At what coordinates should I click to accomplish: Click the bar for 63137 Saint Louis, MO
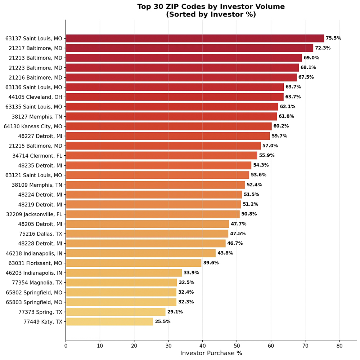point(195,38)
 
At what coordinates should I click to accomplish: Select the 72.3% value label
point(323,48)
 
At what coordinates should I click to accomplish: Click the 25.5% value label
point(162,321)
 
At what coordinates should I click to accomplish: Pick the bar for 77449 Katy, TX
point(109,321)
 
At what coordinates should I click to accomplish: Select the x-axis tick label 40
point(202,346)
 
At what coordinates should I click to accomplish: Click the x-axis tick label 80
point(339,346)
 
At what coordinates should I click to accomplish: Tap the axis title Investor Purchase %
point(211,353)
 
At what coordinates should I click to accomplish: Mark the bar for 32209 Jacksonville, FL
point(153,214)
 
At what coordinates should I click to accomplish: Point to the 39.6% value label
point(211,263)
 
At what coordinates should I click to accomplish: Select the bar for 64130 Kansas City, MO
point(168,126)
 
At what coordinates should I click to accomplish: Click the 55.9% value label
point(267,155)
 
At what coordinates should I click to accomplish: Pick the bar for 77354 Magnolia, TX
point(121,282)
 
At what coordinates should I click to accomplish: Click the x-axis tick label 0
point(66,346)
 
